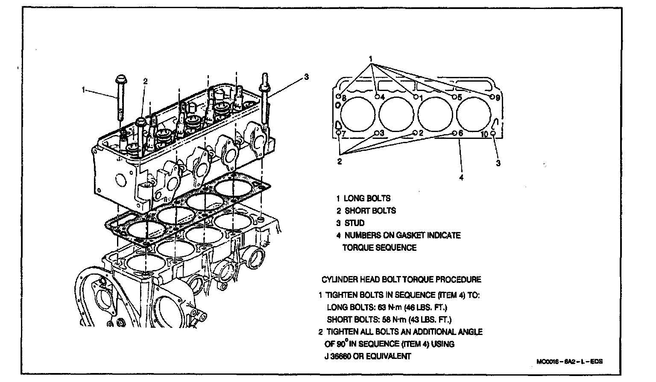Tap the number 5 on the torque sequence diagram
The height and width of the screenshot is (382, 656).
tap(460, 97)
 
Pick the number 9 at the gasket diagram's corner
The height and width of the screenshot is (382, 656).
tap(497, 98)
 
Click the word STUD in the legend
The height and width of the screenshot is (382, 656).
tap(354, 223)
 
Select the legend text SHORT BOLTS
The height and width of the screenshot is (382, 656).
tap(370, 211)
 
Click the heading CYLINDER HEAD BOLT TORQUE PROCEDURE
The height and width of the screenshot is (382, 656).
tap(401, 280)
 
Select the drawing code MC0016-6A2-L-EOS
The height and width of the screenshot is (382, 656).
tap(569, 361)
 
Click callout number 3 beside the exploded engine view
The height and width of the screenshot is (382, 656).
tap(306, 77)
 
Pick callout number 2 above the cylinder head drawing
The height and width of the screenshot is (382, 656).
tap(145, 81)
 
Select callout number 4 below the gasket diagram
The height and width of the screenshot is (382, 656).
tap(461, 177)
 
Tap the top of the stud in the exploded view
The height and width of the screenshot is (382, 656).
tap(264, 79)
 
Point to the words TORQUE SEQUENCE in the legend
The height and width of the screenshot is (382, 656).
tap(379, 248)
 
